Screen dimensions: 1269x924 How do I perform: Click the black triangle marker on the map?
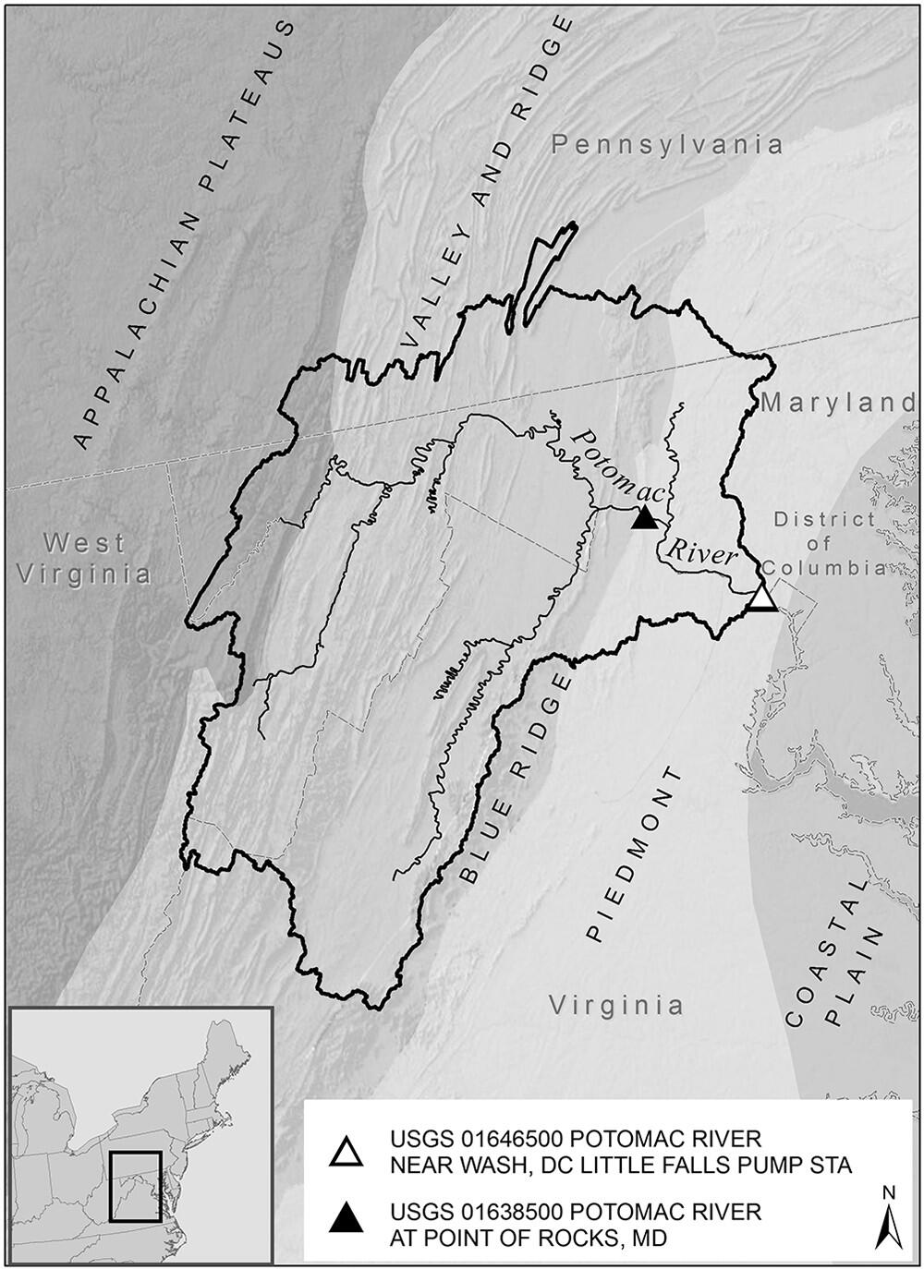(x=645, y=518)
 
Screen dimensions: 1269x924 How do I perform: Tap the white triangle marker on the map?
(x=761, y=598)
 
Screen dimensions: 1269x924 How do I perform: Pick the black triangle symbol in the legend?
(x=347, y=1221)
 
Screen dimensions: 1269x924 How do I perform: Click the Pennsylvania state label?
(x=667, y=144)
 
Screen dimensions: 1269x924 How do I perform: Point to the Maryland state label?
(x=837, y=403)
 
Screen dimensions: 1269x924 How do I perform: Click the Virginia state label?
(x=616, y=1005)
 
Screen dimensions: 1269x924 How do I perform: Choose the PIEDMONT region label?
(x=638, y=853)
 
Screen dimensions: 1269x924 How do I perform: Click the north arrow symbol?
(x=889, y=1217)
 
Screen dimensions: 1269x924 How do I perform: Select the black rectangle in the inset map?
(x=136, y=1186)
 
